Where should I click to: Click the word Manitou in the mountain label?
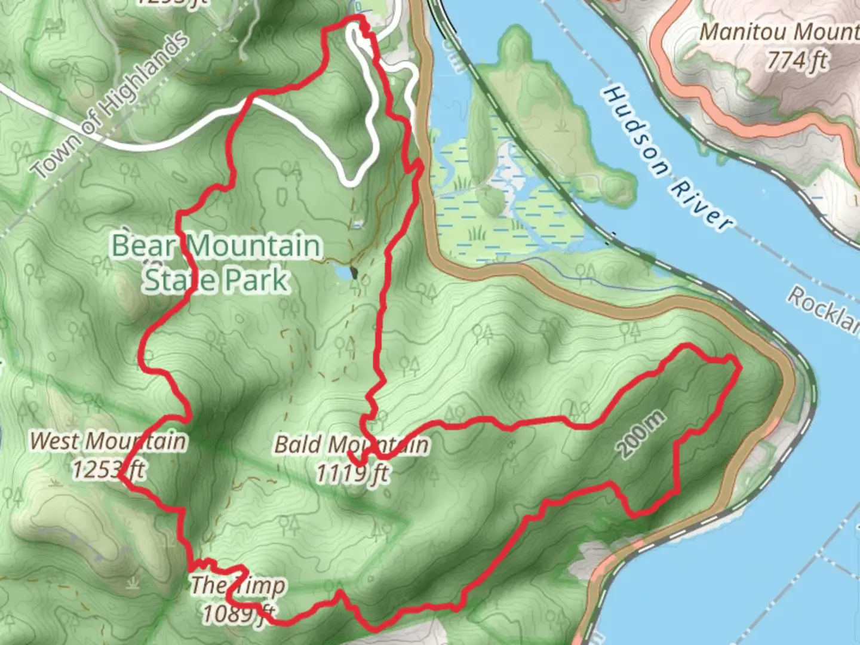[x=736, y=32]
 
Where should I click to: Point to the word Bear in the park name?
[x=144, y=246]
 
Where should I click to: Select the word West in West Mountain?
[x=54, y=441]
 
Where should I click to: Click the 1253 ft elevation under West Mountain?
[x=107, y=469]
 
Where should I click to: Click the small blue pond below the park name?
[x=343, y=272]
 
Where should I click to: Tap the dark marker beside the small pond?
[x=354, y=272]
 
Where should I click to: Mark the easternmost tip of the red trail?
[x=738, y=362]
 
